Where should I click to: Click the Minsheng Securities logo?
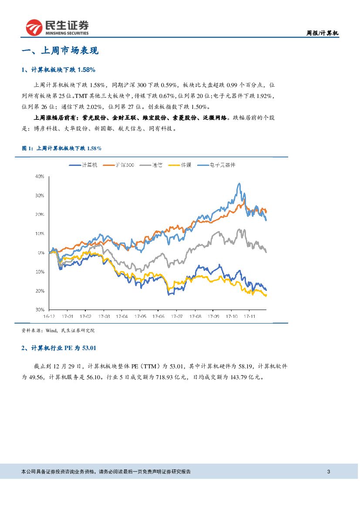(57, 28)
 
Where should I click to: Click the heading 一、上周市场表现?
(60, 51)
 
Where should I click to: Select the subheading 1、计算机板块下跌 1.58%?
(58, 70)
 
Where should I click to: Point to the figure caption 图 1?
(61, 148)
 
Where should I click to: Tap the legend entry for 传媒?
(182, 165)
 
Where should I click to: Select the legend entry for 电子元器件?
(217, 165)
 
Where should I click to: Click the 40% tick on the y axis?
(40, 177)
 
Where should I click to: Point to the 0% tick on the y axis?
(41, 253)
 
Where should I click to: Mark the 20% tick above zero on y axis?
(40, 215)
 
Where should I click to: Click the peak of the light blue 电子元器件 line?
(239, 184)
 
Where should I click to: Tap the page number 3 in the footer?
(329, 472)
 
